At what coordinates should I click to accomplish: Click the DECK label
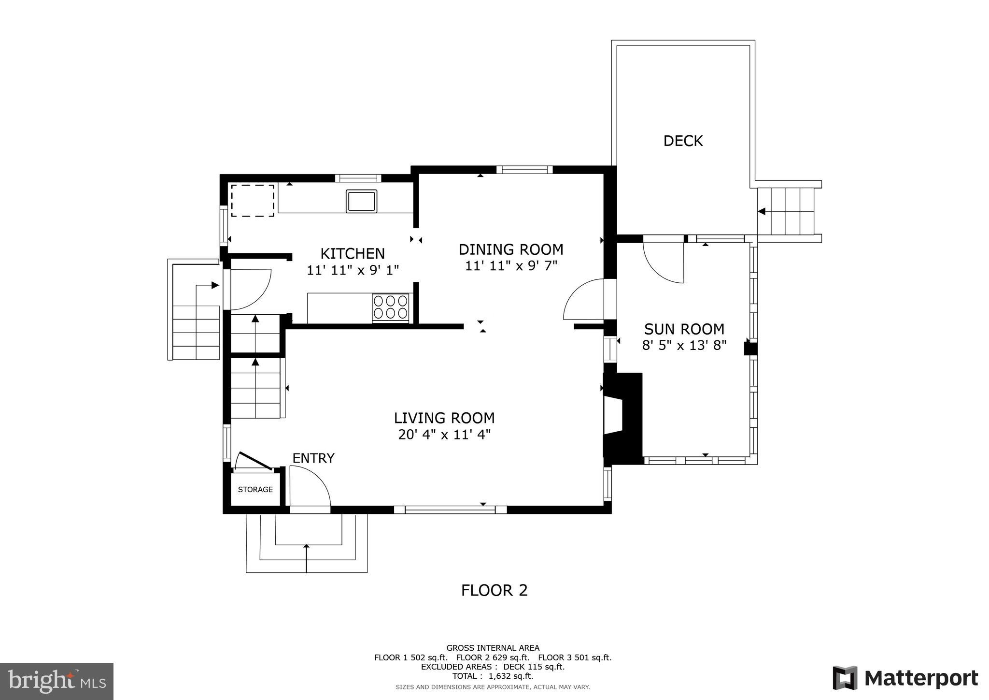click(683, 141)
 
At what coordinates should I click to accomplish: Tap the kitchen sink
click(361, 201)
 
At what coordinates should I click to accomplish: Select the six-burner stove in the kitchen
click(390, 307)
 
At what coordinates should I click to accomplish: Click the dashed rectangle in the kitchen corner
click(253, 200)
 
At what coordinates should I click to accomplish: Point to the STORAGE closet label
click(255, 490)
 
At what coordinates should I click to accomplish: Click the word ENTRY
click(313, 458)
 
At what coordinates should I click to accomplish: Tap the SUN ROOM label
click(684, 329)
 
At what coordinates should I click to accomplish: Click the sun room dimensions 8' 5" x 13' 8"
click(684, 346)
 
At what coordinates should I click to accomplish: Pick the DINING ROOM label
click(511, 249)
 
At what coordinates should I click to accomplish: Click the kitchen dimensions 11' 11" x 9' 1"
click(353, 270)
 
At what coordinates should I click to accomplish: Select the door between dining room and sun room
click(583, 300)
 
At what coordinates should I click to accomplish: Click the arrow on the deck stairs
click(762, 211)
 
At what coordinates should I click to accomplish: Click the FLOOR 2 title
click(494, 590)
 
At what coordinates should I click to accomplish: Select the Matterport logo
click(905, 678)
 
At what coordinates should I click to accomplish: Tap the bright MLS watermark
click(57, 681)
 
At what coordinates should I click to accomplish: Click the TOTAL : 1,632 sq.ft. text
click(493, 676)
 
